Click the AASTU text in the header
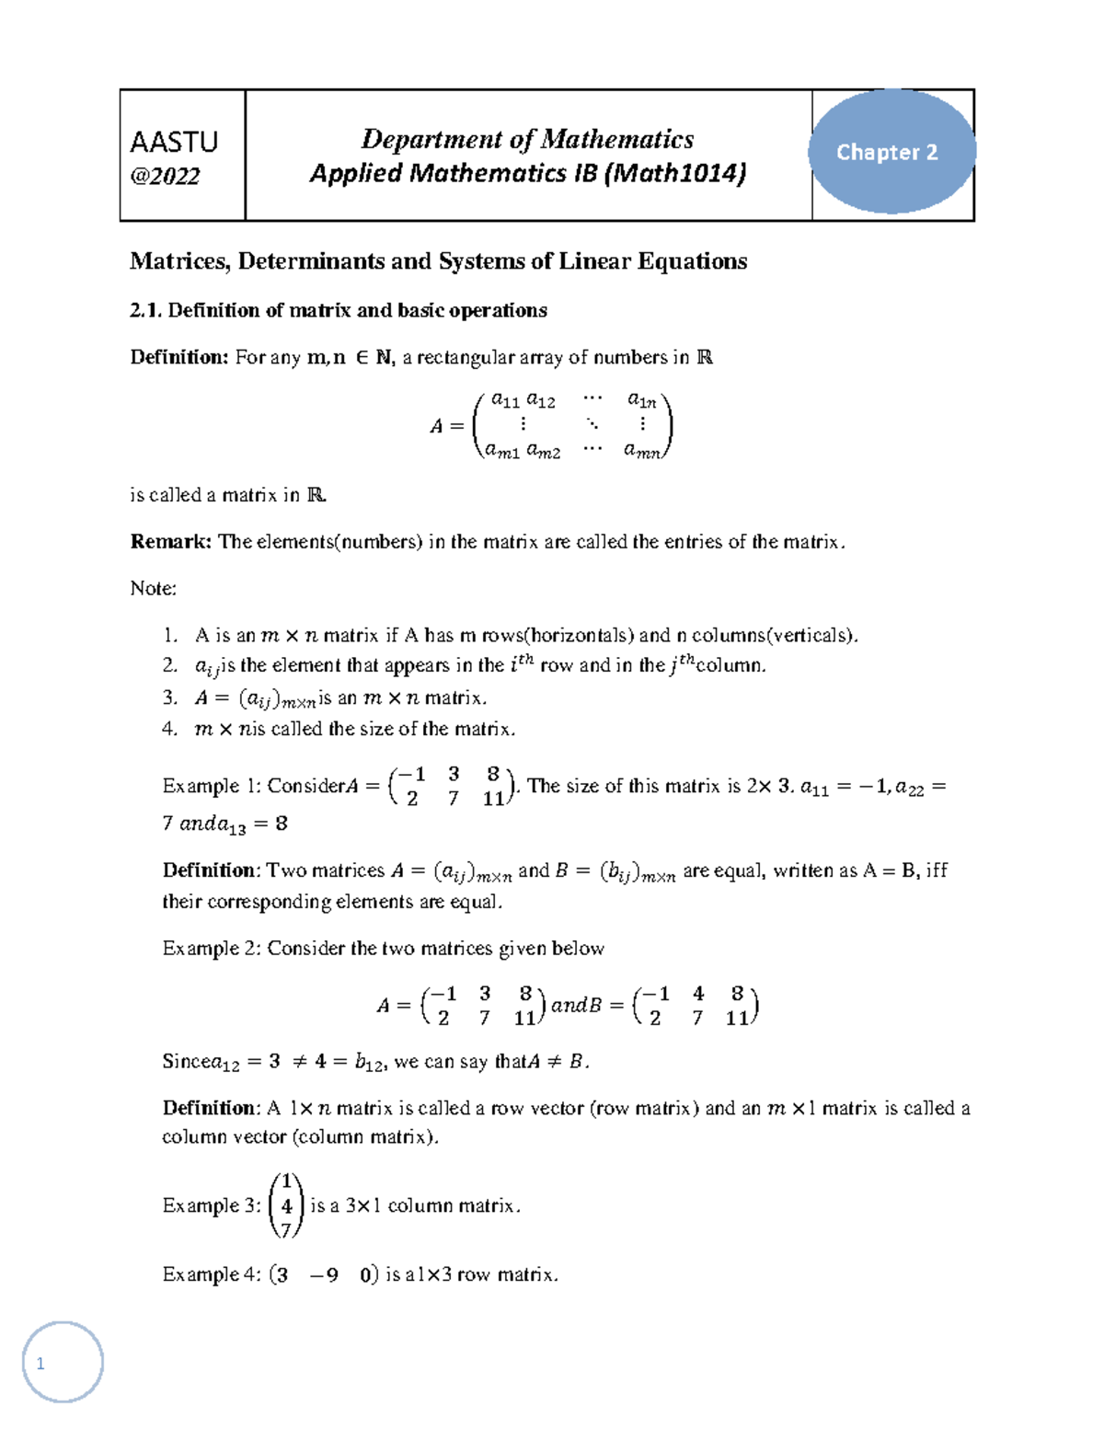[x=174, y=142]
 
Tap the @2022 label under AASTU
[x=166, y=176]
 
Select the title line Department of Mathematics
[x=527, y=139]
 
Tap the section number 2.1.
[x=145, y=310]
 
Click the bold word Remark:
[x=171, y=541]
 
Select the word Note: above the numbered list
[x=154, y=588]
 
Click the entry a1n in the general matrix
[x=641, y=399]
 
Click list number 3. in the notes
[x=169, y=697]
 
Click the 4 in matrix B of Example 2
[x=698, y=994]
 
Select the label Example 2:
[x=212, y=948]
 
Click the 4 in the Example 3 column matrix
[x=287, y=1205]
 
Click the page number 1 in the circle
[x=40, y=1364]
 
